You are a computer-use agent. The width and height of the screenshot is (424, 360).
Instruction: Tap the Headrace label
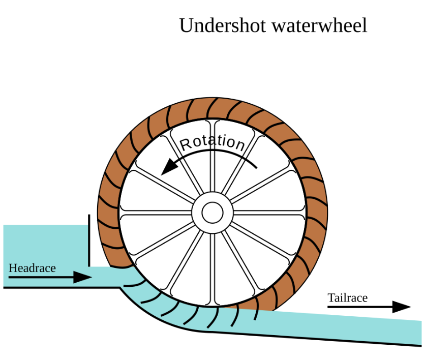pyautogui.click(x=32, y=268)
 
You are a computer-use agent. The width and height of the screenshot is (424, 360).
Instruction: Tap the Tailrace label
pyautogui.click(x=347, y=298)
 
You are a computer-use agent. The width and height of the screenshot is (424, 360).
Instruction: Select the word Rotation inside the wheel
pyautogui.click(x=213, y=142)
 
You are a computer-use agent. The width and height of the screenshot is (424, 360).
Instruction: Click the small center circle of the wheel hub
pyautogui.click(x=212, y=213)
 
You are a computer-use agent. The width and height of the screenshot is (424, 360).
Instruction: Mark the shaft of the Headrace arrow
pyautogui.click(x=41, y=277)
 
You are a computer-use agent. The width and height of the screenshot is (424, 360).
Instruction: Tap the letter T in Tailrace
pyautogui.click(x=331, y=298)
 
